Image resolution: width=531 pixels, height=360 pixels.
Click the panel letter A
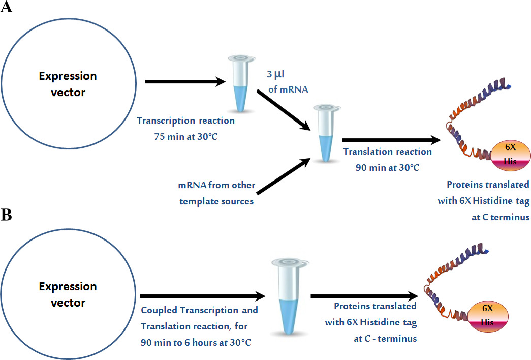(x=6, y=7)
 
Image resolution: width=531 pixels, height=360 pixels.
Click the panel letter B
(x=6, y=215)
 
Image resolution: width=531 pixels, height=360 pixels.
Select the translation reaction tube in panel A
(x=326, y=133)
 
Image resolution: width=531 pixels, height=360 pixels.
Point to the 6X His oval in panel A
(x=510, y=154)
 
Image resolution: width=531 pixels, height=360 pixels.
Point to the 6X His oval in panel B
(x=488, y=315)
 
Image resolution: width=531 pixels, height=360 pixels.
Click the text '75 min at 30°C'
(x=186, y=137)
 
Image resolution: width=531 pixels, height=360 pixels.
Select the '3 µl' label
(x=275, y=74)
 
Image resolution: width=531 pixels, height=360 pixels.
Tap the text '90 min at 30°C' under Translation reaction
(x=387, y=167)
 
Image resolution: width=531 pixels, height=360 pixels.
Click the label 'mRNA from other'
(x=217, y=185)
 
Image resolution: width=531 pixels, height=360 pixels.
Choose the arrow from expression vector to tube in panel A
(x=185, y=82)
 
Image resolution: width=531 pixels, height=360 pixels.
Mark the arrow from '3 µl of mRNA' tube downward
(x=284, y=110)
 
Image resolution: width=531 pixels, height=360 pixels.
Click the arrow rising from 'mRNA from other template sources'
(x=284, y=176)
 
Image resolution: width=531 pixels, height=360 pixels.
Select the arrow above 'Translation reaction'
(x=391, y=140)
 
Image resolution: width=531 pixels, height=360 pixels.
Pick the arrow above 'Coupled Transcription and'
(x=203, y=296)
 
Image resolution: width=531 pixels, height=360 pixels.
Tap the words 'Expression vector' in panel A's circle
(x=68, y=84)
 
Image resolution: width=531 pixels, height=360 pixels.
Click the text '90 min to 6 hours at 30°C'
(x=196, y=343)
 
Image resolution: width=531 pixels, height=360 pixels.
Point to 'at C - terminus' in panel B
(x=385, y=339)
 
